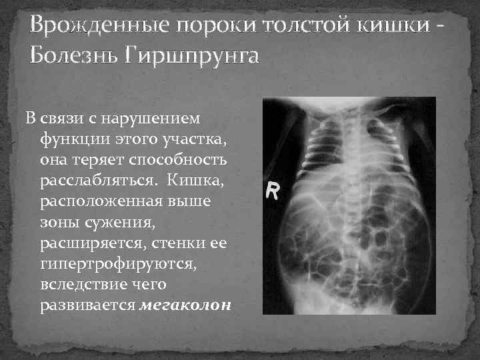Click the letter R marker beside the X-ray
(x=273, y=191)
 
